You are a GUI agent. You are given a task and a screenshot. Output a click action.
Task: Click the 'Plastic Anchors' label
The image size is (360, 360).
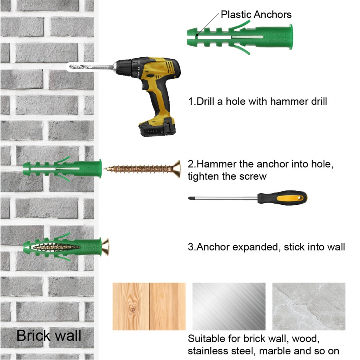[x=256, y=14]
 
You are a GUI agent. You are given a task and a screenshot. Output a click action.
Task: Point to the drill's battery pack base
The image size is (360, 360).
[x=158, y=128]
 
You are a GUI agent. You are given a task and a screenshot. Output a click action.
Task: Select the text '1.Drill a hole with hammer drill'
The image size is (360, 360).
[x=257, y=101]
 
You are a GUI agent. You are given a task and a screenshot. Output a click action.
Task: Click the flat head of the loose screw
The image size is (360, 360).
[x=177, y=169]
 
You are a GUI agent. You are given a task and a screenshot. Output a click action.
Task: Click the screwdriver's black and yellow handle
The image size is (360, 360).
[x=282, y=198]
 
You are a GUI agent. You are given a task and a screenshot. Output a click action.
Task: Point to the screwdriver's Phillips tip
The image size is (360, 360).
[x=190, y=198]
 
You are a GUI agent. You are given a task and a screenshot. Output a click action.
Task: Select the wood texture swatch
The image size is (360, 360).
[x=149, y=306]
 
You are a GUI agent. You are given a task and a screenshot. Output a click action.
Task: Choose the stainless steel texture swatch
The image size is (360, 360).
[x=229, y=306]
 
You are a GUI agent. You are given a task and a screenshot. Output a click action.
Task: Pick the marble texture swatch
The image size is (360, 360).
[x=309, y=306]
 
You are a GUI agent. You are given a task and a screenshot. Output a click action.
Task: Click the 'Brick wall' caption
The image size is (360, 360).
[x=49, y=336]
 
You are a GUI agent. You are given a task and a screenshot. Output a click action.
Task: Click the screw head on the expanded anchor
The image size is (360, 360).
[x=105, y=247]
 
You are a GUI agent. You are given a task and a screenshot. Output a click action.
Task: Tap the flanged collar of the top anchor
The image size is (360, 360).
[x=291, y=37]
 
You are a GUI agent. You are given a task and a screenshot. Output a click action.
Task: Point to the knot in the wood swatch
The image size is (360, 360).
[x=133, y=309]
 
